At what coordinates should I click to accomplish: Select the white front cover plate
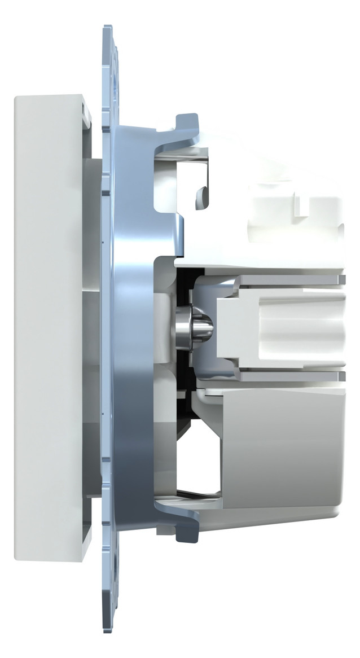coord(48,327)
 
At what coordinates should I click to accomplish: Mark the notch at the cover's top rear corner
coord(86,111)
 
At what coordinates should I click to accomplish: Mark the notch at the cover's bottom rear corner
coord(86,545)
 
